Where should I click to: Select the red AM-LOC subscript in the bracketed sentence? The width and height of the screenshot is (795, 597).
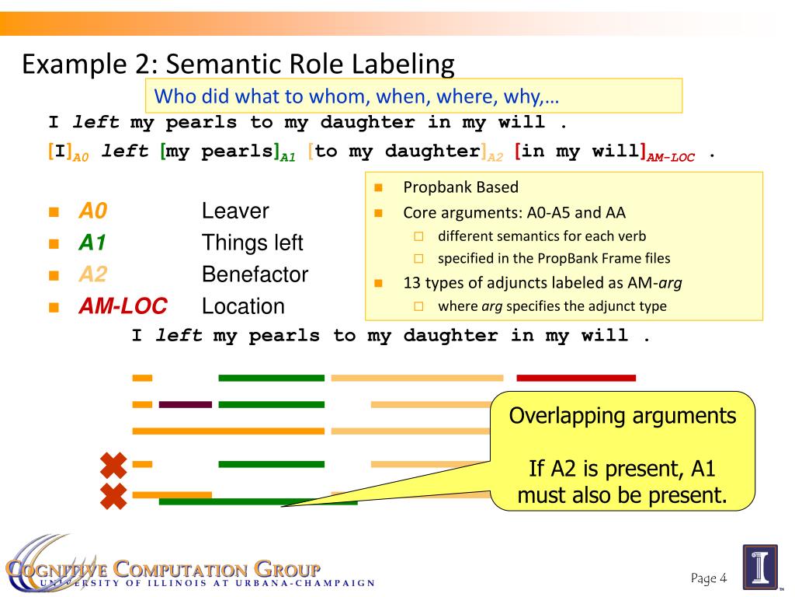point(671,156)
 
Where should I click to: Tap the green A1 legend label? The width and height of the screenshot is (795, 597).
point(92,243)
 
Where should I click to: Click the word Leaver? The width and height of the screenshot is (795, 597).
point(235,211)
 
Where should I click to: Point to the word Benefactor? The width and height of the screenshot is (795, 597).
point(255,274)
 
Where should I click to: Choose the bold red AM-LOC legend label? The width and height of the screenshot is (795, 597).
point(123,306)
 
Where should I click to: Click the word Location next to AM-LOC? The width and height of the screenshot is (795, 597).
point(243,306)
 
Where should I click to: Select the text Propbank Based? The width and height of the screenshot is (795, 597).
point(460,187)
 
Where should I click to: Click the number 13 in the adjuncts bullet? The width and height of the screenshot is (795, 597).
point(411,283)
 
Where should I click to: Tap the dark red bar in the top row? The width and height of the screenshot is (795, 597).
point(575,378)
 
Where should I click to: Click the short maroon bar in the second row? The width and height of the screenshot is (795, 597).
point(185,404)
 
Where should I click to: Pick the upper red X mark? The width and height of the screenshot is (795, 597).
point(113,465)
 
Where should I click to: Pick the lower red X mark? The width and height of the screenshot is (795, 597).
point(113,495)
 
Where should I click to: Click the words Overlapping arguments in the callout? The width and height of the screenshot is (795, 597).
point(622,416)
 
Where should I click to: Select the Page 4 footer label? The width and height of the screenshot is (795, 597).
point(708,578)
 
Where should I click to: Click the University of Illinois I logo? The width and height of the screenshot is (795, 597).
point(760,567)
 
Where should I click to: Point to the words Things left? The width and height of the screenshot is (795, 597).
point(252,243)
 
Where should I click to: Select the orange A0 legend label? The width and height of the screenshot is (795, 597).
point(92,211)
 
